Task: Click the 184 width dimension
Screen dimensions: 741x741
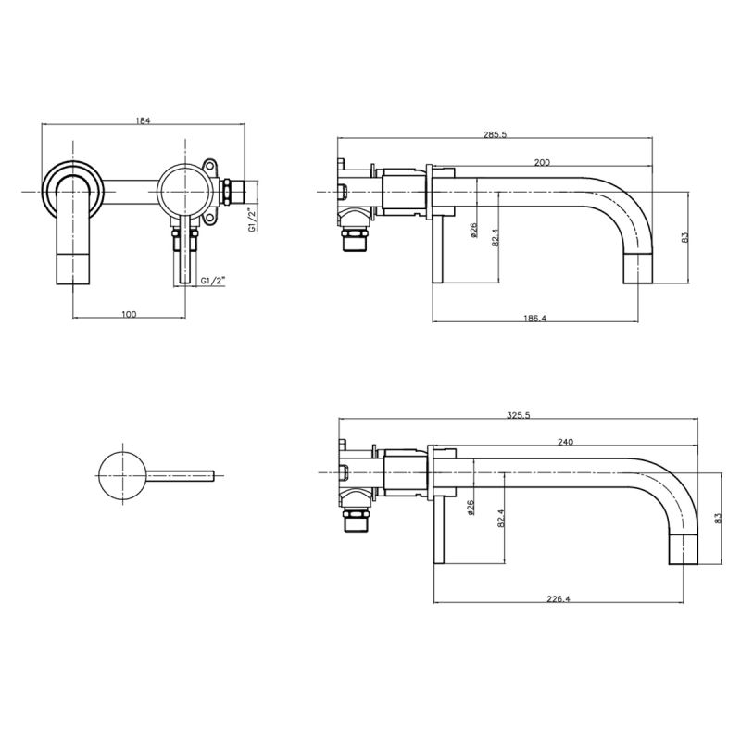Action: point(143,120)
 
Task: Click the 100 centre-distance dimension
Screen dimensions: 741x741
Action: point(129,314)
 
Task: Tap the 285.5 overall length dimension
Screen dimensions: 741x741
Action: point(495,134)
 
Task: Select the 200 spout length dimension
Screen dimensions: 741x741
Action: point(542,163)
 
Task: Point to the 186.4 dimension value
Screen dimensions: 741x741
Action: point(535,319)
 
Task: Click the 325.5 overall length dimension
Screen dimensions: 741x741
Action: point(519,415)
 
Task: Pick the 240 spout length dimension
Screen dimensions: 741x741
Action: point(565,443)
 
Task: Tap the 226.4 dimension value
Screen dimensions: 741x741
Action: point(559,598)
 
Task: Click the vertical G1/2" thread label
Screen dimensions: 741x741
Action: point(253,220)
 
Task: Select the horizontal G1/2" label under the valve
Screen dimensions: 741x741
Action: point(213,281)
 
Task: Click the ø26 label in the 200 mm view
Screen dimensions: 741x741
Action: point(474,230)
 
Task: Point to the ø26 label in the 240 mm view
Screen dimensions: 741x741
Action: point(471,508)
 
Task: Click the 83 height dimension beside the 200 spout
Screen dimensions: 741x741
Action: point(685,237)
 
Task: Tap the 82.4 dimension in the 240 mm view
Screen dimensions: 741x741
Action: point(501,518)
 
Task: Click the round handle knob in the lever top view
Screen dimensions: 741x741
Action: point(122,474)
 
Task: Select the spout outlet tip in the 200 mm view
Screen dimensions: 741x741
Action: point(638,270)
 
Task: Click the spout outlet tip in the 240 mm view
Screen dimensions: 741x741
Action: point(684,549)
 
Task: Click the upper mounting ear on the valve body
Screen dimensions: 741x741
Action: point(208,167)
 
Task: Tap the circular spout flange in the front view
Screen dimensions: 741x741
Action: point(73,192)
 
